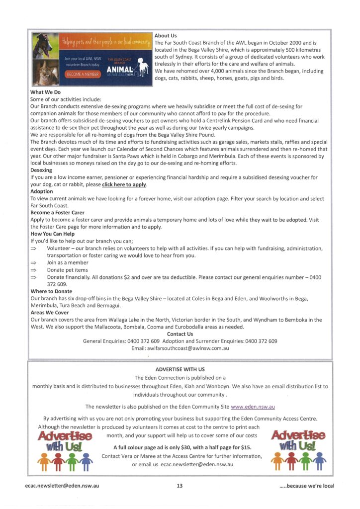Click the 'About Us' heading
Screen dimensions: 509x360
click(166, 36)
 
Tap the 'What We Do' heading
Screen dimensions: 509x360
click(45, 92)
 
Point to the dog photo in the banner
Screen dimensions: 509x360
click(45, 45)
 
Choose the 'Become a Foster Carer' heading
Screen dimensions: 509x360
click(57, 212)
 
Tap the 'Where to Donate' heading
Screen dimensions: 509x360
click(51, 291)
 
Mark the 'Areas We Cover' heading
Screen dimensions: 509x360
click(50, 313)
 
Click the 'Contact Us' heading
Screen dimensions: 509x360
click(180, 334)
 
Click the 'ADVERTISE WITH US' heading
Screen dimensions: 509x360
click(180, 370)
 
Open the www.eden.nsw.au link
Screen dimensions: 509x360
click(253, 407)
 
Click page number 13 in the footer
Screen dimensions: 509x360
click(180, 486)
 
